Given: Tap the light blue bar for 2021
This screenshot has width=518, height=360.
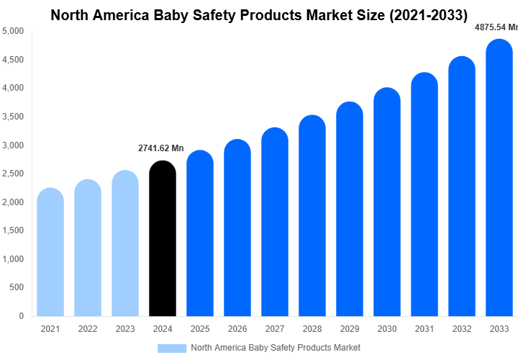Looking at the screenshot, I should pos(50,252).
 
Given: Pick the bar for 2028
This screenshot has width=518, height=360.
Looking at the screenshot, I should pos(312,215).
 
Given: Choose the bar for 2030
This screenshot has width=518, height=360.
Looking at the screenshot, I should pos(386,202).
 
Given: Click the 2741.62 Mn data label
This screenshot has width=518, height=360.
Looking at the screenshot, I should pos(161,148).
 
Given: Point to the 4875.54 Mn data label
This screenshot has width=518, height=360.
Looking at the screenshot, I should pos(496,27).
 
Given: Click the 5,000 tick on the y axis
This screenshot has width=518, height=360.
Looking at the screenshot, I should pos(13,32).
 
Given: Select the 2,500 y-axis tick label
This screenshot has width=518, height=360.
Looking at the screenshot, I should pos(13,174).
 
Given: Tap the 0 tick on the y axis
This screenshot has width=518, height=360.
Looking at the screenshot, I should pos(21,316).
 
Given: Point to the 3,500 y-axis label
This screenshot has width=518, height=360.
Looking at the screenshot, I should pos(13,117).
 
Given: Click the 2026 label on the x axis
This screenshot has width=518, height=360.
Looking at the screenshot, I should pos(237,329).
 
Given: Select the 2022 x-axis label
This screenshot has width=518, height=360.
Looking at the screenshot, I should pos(88,329).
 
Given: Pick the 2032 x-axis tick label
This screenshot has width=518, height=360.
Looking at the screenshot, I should pos(461,329).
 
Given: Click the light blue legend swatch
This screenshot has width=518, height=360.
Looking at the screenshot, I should pos(171,348).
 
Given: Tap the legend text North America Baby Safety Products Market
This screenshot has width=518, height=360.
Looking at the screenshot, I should pos(276,348).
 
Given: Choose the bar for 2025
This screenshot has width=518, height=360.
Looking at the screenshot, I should pos(199,233).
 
